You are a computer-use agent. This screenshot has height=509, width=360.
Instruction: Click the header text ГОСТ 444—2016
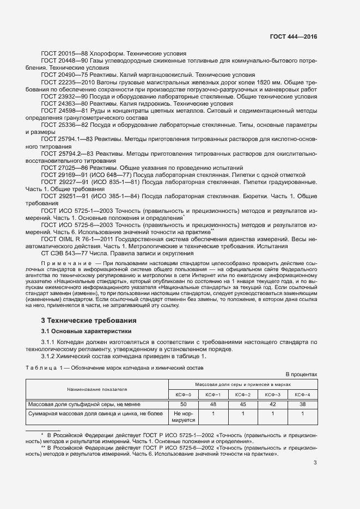[293, 37]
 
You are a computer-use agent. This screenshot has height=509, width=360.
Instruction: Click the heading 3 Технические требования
[89, 320]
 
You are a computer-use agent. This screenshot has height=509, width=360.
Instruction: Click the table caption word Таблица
[44, 368]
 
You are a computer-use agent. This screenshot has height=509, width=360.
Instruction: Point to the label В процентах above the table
[301, 375]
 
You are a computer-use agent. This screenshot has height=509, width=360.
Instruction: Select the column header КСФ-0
[183, 394]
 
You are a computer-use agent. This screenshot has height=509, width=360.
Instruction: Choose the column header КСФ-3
[272, 394]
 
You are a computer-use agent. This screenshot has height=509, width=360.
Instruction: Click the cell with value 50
[184, 404]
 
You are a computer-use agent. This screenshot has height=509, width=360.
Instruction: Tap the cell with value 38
[302, 404]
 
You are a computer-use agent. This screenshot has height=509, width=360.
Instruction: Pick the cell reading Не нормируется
[184, 417]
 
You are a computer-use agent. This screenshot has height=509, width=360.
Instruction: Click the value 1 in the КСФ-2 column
[242, 414]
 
